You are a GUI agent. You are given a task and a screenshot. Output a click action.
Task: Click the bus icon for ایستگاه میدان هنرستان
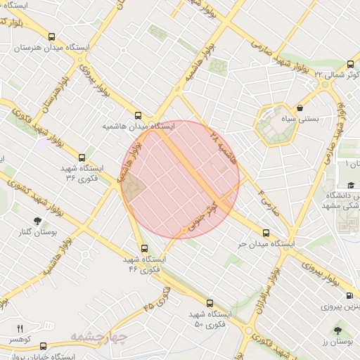click(51, 37)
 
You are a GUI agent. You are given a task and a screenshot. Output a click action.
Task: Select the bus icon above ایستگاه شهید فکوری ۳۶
click(82, 157)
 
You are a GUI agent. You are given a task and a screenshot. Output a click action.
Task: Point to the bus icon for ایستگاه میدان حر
click(266, 233)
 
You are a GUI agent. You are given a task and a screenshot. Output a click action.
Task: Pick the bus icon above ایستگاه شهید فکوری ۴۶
click(144, 248)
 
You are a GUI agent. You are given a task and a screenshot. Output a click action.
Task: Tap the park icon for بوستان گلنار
click(37, 220)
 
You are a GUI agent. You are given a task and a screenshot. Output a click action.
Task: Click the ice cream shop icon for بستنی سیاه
click(301, 108)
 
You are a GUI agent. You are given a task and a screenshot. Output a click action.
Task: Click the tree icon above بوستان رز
click(339, 330)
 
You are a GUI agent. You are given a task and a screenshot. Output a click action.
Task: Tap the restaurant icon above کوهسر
click(19, 328)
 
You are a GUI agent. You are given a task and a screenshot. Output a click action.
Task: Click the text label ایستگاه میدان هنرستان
click(50, 48)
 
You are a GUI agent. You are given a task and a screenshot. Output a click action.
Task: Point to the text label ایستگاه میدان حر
click(265, 243)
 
